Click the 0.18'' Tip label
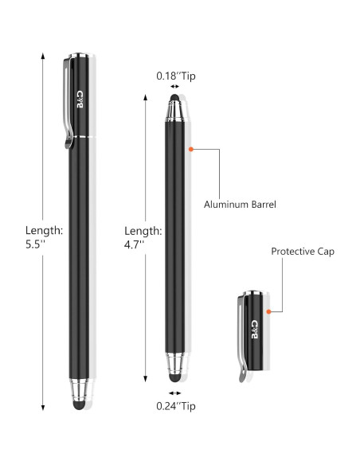point(176,76)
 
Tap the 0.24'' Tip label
point(176,406)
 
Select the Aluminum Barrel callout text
point(240,205)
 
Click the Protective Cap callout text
point(303,251)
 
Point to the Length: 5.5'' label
point(44,237)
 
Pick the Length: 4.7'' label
point(143,237)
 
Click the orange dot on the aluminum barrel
point(191,149)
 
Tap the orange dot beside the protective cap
point(268,311)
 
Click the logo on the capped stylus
point(80,100)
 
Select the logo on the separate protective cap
point(254,329)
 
